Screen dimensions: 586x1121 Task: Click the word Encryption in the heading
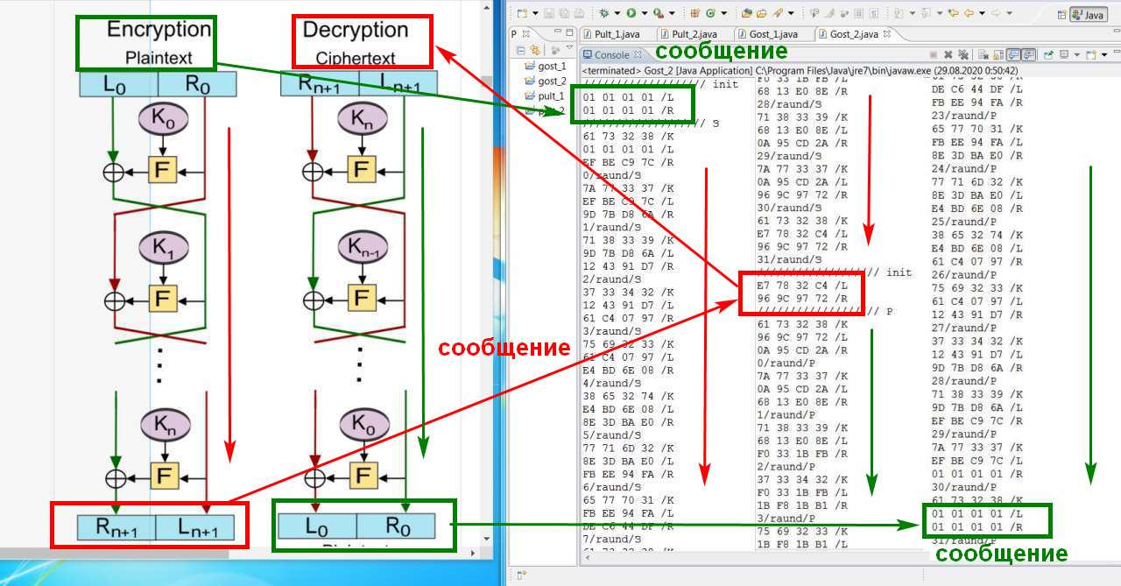159,30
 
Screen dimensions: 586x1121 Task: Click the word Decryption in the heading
355,30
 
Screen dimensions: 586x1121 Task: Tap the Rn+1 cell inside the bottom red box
116,527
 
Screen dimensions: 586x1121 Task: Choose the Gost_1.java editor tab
771,34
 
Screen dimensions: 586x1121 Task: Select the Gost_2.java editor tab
852,34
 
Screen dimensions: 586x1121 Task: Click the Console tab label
611,55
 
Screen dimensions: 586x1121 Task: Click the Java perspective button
1089,15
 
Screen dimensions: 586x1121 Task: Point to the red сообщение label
504,348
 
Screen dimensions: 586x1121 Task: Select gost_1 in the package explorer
552,66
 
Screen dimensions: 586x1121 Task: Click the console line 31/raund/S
788,259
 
